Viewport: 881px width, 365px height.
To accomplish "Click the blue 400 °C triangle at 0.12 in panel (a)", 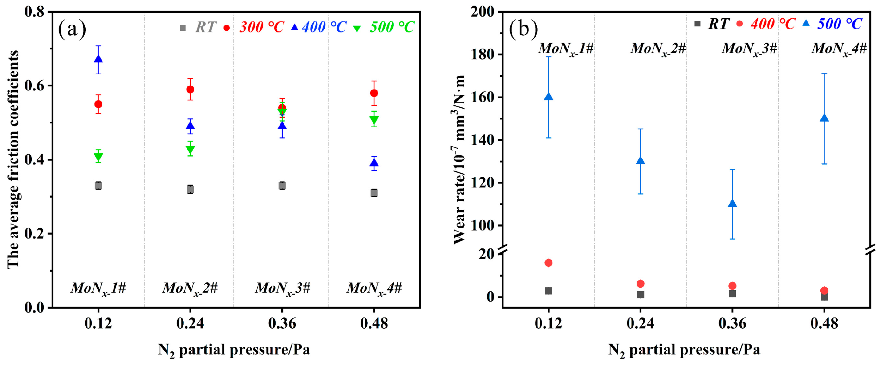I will pyautogui.click(x=98, y=59).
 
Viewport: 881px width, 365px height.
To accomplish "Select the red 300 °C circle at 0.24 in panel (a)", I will pyautogui.click(x=190, y=89).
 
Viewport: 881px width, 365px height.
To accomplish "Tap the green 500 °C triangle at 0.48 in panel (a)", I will pyautogui.click(x=374, y=120).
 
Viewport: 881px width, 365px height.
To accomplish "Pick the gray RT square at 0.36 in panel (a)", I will pyautogui.click(x=282, y=186).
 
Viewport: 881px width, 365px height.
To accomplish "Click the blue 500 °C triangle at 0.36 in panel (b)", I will pyautogui.click(x=732, y=204).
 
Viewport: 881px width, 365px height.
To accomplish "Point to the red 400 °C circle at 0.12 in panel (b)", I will pyautogui.click(x=548, y=263).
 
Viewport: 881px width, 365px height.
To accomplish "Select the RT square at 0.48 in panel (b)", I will pyautogui.click(x=824, y=297).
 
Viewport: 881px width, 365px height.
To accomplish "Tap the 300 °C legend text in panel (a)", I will pyautogui.click(x=262, y=27).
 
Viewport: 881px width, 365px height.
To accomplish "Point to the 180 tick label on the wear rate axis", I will pyautogui.click(x=482, y=55).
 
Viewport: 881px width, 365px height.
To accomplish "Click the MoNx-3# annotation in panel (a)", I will pyautogui.click(x=282, y=289).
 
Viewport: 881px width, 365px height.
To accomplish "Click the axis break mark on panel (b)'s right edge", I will pyautogui.click(x=870, y=250).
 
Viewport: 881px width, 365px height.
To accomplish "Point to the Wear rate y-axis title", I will pyautogui.click(x=459, y=159).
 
